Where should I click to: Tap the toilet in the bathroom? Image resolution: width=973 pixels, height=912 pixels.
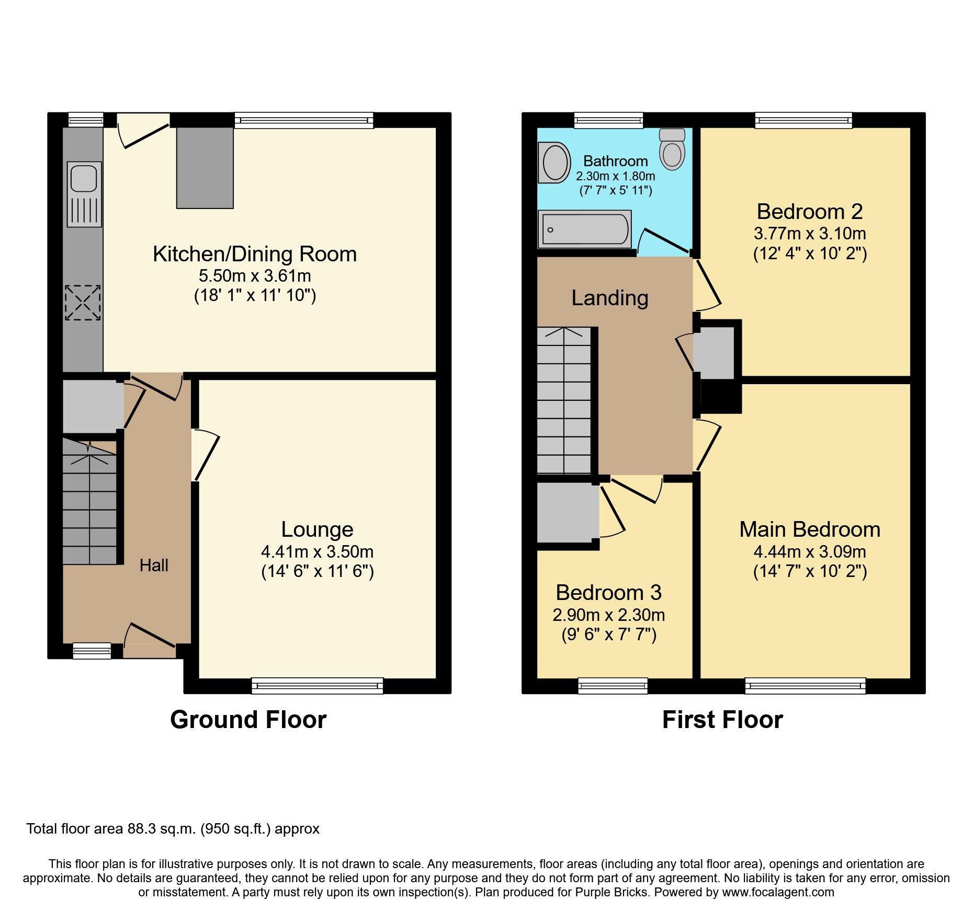[x=672, y=150]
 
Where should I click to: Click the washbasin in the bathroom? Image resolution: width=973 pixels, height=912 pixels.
[x=555, y=163]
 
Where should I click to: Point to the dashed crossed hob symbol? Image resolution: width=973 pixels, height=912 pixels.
[x=83, y=303]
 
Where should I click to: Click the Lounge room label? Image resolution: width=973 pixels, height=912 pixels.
[x=317, y=529]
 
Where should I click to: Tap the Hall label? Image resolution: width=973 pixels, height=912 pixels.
[x=154, y=565]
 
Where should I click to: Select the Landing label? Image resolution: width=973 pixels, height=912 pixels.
[x=609, y=298]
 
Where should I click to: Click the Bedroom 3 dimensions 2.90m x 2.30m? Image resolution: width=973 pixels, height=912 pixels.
[x=608, y=615]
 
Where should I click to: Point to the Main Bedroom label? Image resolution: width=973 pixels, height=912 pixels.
[x=809, y=529]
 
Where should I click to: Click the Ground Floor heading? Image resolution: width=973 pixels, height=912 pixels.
[x=248, y=720]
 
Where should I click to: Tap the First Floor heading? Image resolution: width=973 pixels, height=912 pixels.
[x=722, y=720]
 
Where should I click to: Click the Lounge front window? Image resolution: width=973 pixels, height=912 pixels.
[x=317, y=686]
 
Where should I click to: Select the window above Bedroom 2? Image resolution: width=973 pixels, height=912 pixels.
[x=803, y=121]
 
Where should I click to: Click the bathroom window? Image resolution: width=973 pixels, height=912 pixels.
[x=608, y=121]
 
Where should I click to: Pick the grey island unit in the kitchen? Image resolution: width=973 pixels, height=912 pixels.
[x=205, y=168]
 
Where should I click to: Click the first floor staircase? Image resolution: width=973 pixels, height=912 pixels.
[x=564, y=400]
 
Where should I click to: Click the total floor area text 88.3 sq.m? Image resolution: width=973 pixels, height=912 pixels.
[x=173, y=829]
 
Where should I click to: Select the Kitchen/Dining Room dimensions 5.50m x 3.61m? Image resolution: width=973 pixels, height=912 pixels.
[x=255, y=276]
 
